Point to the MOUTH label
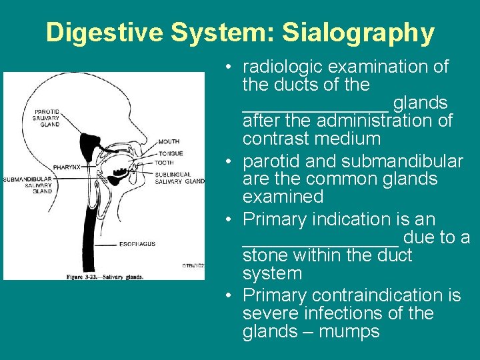(169, 141)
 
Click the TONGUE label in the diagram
(171, 153)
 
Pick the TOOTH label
(165, 163)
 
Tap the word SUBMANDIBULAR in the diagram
(27, 179)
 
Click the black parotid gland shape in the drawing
(87, 143)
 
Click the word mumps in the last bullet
(349, 331)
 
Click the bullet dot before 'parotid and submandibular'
(228, 162)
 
